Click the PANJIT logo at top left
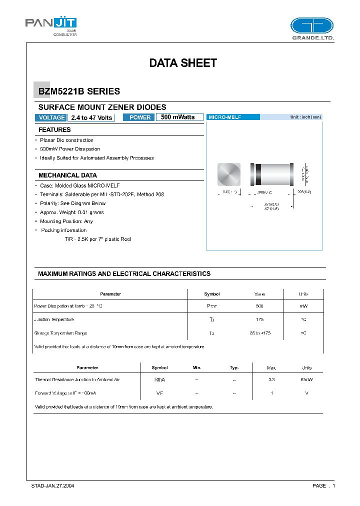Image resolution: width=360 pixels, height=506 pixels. [x=50, y=25]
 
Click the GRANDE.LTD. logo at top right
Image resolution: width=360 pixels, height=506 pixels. [x=312, y=28]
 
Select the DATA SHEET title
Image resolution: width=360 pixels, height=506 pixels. [x=183, y=63]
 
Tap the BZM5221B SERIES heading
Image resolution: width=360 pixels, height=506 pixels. [x=79, y=91]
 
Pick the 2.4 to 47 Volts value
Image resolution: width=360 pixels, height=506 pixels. [x=91, y=117]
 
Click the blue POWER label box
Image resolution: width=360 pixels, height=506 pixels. [x=139, y=117]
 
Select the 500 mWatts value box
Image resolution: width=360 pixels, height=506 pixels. [x=179, y=117]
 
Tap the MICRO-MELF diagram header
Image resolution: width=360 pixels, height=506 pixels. [x=233, y=117]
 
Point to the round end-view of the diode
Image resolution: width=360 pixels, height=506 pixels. [x=229, y=174]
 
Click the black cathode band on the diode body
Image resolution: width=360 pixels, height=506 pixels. [x=258, y=174]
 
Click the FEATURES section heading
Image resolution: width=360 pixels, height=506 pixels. [x=54, y=130]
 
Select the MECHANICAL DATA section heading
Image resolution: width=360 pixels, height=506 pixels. [x=67, y=175]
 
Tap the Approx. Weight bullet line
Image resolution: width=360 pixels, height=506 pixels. [x=72, y=212]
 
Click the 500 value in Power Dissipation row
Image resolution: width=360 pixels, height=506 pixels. [x=259, y=306]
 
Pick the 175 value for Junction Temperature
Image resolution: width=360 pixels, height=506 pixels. [x=259, y=319]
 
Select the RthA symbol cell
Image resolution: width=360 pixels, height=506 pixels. [x=160, y=380]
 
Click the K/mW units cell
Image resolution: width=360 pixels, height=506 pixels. [x=306, y=380]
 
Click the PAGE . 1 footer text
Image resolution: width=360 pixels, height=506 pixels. [x=323, y=485]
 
